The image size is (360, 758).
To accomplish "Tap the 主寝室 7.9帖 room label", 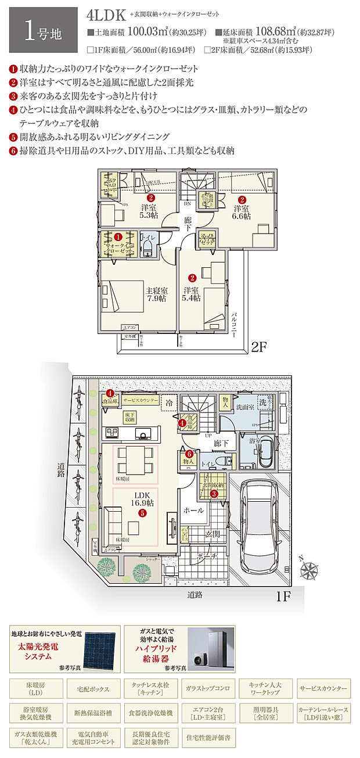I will (x=156, y=294).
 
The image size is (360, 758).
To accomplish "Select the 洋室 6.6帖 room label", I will (x=242, y=212).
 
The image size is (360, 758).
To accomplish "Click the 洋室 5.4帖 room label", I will (x=192, y=294).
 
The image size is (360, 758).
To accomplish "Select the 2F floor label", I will (x=259, y=347).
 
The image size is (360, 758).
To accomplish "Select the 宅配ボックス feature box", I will (x=92, y=689).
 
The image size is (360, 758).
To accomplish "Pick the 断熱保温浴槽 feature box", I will (x=92, y=714).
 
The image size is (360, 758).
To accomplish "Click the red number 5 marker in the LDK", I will (x=141, y=513).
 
